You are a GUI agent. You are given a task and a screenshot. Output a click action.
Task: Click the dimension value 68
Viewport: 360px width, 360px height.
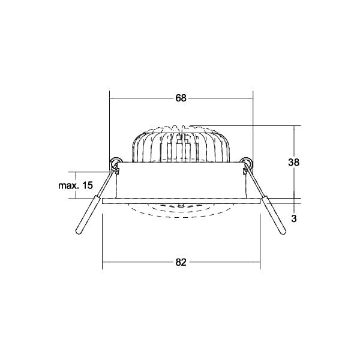181,98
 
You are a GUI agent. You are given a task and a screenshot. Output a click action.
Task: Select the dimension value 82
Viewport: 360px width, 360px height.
181,262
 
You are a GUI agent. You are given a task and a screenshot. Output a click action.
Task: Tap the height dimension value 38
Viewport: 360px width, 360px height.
293,163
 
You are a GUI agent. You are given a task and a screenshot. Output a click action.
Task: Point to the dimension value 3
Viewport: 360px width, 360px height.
294,218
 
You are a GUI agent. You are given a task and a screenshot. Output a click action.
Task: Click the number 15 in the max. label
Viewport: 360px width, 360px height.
87,185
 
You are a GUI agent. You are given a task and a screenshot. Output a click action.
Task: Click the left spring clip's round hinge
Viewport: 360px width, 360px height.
115,163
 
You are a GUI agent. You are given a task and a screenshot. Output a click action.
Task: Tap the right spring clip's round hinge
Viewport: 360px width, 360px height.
247,163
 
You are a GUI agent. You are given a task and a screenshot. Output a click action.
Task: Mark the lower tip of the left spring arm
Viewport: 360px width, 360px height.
78,232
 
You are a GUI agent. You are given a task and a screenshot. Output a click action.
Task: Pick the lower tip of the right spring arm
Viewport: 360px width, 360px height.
283,232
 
